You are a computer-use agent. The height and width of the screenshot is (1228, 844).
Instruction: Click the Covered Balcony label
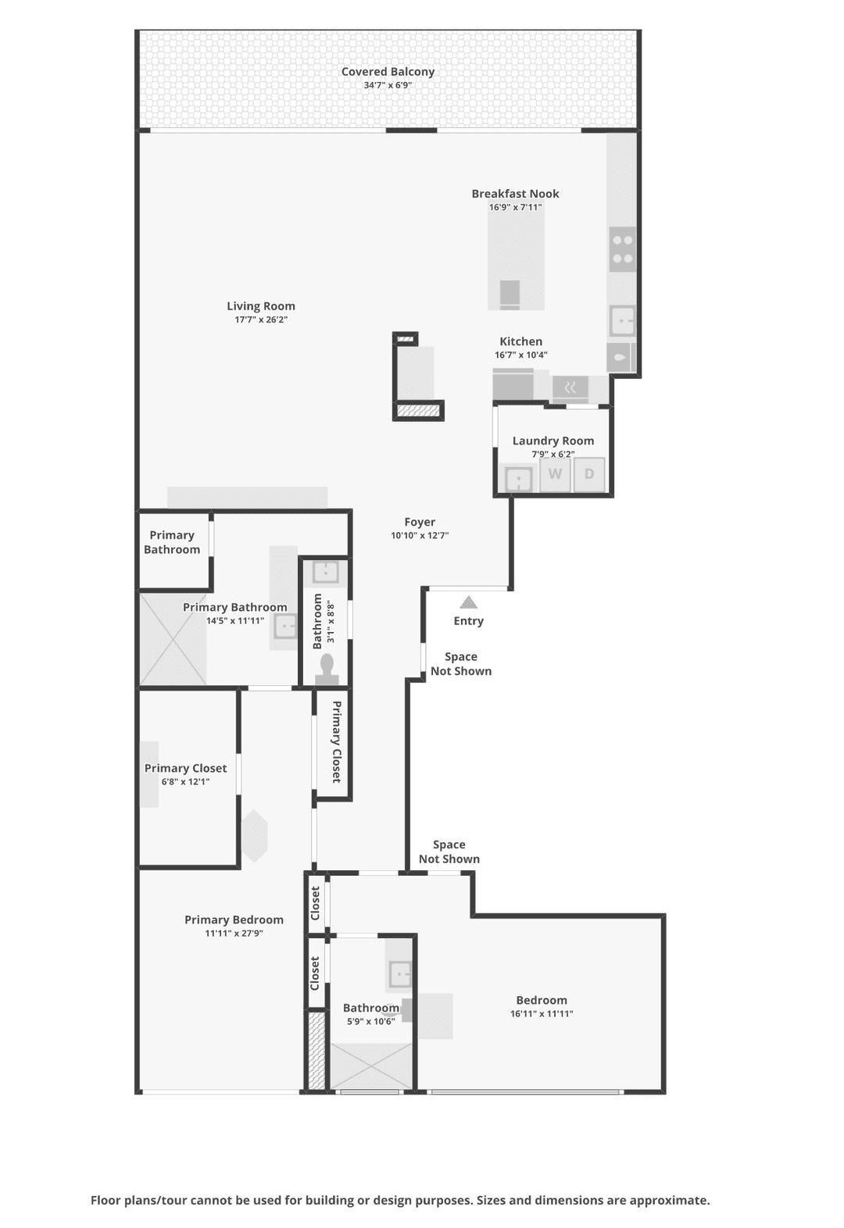point(388,72)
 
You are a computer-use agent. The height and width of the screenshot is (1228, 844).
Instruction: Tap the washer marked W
point(555,474)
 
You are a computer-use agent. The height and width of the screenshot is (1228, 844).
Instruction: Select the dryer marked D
point(589,474)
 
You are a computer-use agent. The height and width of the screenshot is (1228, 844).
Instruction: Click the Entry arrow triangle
point(468,602)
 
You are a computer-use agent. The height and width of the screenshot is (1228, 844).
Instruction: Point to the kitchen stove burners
point(623,249)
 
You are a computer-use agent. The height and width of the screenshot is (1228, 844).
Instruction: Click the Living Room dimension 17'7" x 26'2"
point(261,319)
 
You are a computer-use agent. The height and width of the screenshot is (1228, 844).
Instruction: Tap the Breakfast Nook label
point(515,194)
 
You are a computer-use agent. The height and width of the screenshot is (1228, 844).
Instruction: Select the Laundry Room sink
point(518,479)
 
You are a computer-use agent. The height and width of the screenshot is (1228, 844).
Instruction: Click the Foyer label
point(420,522)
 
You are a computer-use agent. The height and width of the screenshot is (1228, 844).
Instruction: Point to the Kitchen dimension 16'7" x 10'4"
point(520,355)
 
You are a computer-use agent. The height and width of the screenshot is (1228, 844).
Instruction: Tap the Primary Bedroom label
point(234,919)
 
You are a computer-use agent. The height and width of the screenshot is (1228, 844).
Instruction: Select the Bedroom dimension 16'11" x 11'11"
point(542,1014)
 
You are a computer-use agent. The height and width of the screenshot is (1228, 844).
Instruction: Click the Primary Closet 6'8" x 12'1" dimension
point(185,782)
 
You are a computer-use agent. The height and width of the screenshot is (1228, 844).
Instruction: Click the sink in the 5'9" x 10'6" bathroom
point(399,974)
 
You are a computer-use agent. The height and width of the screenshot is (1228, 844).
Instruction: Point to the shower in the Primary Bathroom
point(173,640)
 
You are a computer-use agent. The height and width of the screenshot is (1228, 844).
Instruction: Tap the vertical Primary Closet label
point(337,741)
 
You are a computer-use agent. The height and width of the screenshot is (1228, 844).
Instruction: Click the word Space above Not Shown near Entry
point(461,657)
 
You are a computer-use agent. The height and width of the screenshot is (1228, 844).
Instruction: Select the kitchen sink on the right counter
point(623,320)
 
